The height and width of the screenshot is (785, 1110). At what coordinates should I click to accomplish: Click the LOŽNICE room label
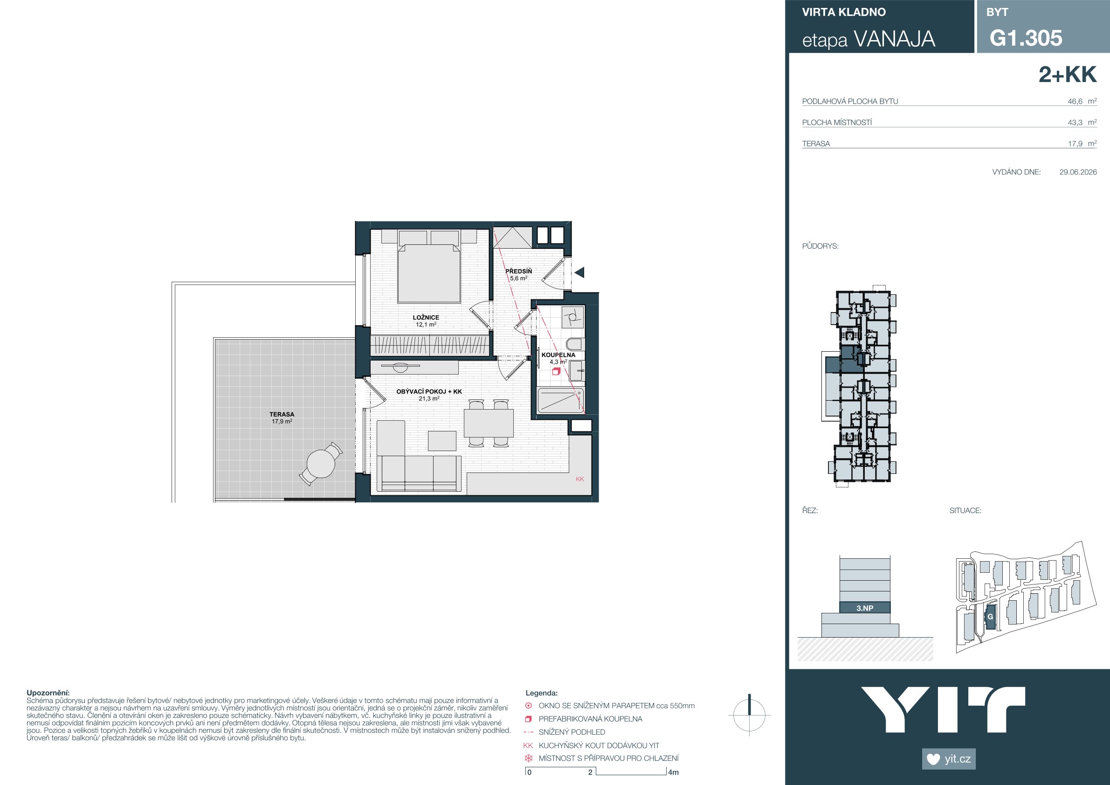click(x=426, y=318)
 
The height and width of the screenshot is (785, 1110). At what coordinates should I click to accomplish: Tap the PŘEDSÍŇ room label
click(x=518, y=271)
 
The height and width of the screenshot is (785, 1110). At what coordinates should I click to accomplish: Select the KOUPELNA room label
click(x=558, y=355)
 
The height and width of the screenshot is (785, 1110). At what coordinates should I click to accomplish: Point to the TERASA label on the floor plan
click(x=282, y=415)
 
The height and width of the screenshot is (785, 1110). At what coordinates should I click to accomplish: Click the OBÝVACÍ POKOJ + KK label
click(x=429, y=392)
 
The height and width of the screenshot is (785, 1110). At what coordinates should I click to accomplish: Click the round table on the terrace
click(x=321, y=463)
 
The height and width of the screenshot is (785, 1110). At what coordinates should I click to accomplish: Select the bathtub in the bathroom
click(x=561, y=401)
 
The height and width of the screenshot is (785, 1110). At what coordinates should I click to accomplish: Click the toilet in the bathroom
click(x=575, y=344)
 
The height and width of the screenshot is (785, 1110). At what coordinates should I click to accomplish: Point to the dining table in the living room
click(x=489, y=423)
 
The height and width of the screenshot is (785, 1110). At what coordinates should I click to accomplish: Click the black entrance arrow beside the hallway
click(x=579, y=273)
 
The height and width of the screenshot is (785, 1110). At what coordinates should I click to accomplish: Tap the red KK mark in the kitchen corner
click(x=580, y=479)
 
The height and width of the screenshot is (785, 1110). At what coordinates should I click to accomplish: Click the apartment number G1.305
click(x=1026, y=38)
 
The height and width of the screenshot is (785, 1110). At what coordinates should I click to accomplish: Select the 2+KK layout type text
click(x=1068, y=75)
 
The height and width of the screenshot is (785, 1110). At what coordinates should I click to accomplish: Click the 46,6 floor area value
click(x=1075, y=102)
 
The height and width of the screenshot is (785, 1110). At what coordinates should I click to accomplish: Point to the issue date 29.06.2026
click(x=1078, y=172)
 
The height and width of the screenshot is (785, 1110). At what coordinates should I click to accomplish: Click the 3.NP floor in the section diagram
click(x=865, y=608)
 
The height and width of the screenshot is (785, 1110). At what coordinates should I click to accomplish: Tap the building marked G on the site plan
click(x=990, y=617)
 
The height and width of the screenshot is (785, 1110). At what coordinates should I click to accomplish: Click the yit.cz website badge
click(x=949, y=758)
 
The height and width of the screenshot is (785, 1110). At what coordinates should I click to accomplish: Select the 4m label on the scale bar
click(x=674, y=772)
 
